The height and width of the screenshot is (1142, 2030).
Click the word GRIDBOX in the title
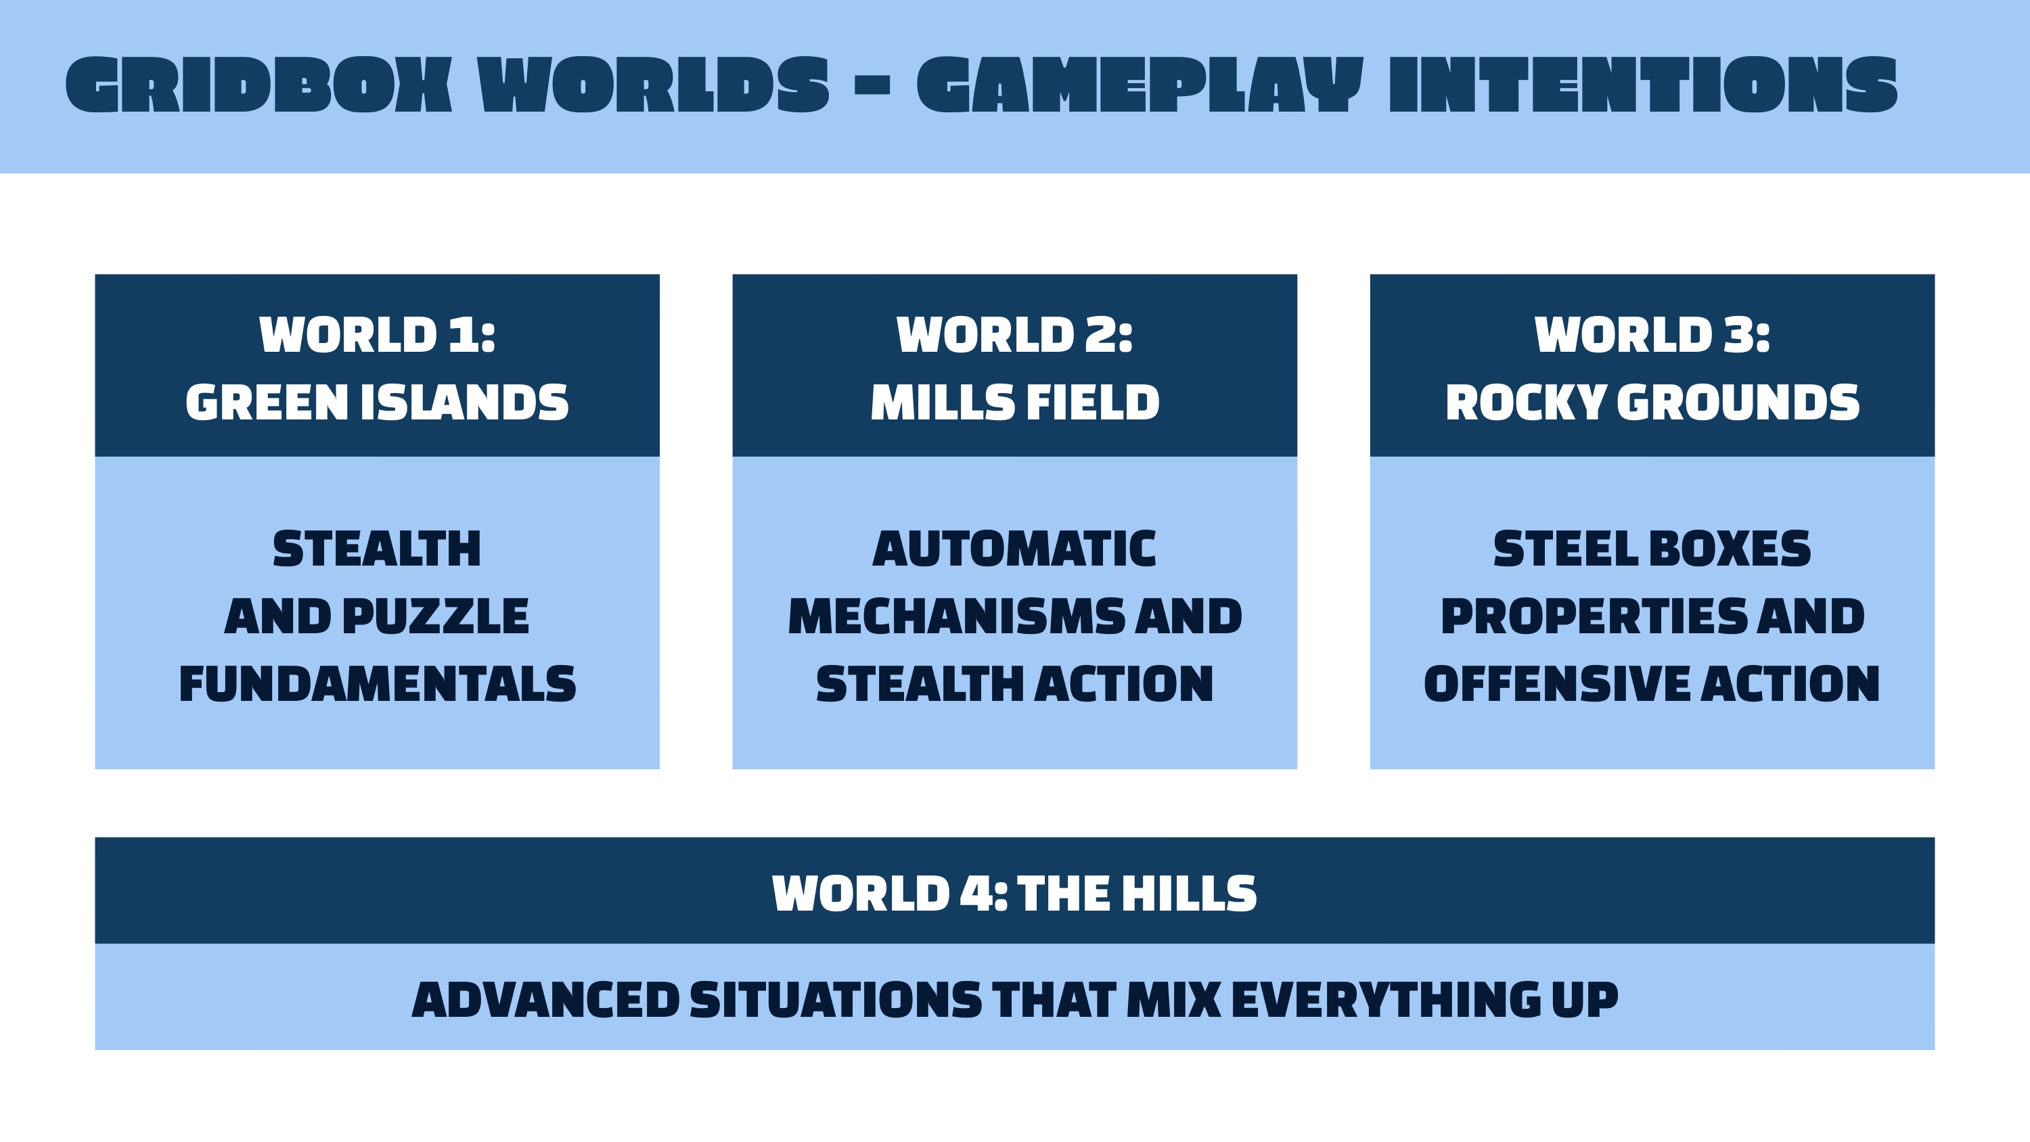pos(258,85)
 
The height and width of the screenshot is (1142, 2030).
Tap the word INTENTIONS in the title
pos(1643,85)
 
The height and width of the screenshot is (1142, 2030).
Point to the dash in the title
pos(872,85)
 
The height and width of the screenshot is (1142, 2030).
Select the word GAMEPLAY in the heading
pos(1140,85)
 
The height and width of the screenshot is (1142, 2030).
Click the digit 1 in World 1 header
pos(461,335)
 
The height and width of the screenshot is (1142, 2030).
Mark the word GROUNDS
pos(1738,403)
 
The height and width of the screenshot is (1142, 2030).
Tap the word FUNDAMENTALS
pos(378,684)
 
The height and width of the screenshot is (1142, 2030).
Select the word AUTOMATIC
pos(1014,549)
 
